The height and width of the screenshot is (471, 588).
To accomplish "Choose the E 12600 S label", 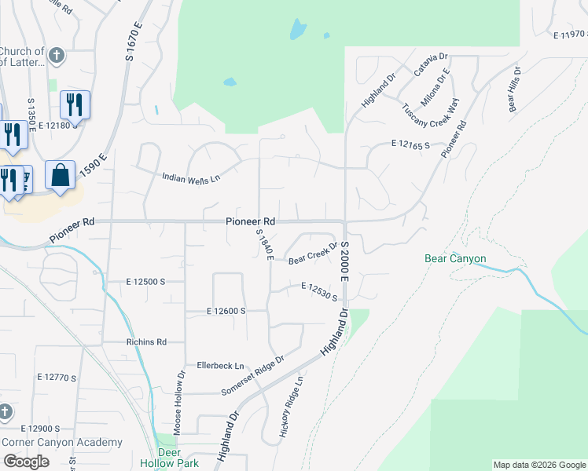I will [x=226, y=311].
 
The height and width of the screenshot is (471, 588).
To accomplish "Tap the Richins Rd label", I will [x=146, y=342].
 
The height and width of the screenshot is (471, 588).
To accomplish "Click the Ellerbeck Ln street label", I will [x=221, y=366].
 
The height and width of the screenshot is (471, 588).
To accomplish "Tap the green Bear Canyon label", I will [x=455, y=258].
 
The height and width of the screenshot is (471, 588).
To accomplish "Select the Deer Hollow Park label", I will [x=169, y=458].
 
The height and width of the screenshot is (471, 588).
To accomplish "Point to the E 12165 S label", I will [x=411, y=145].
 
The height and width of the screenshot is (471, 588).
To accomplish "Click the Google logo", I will [x=26, y=462].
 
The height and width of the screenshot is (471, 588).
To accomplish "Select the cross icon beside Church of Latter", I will [x=56, y=56].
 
